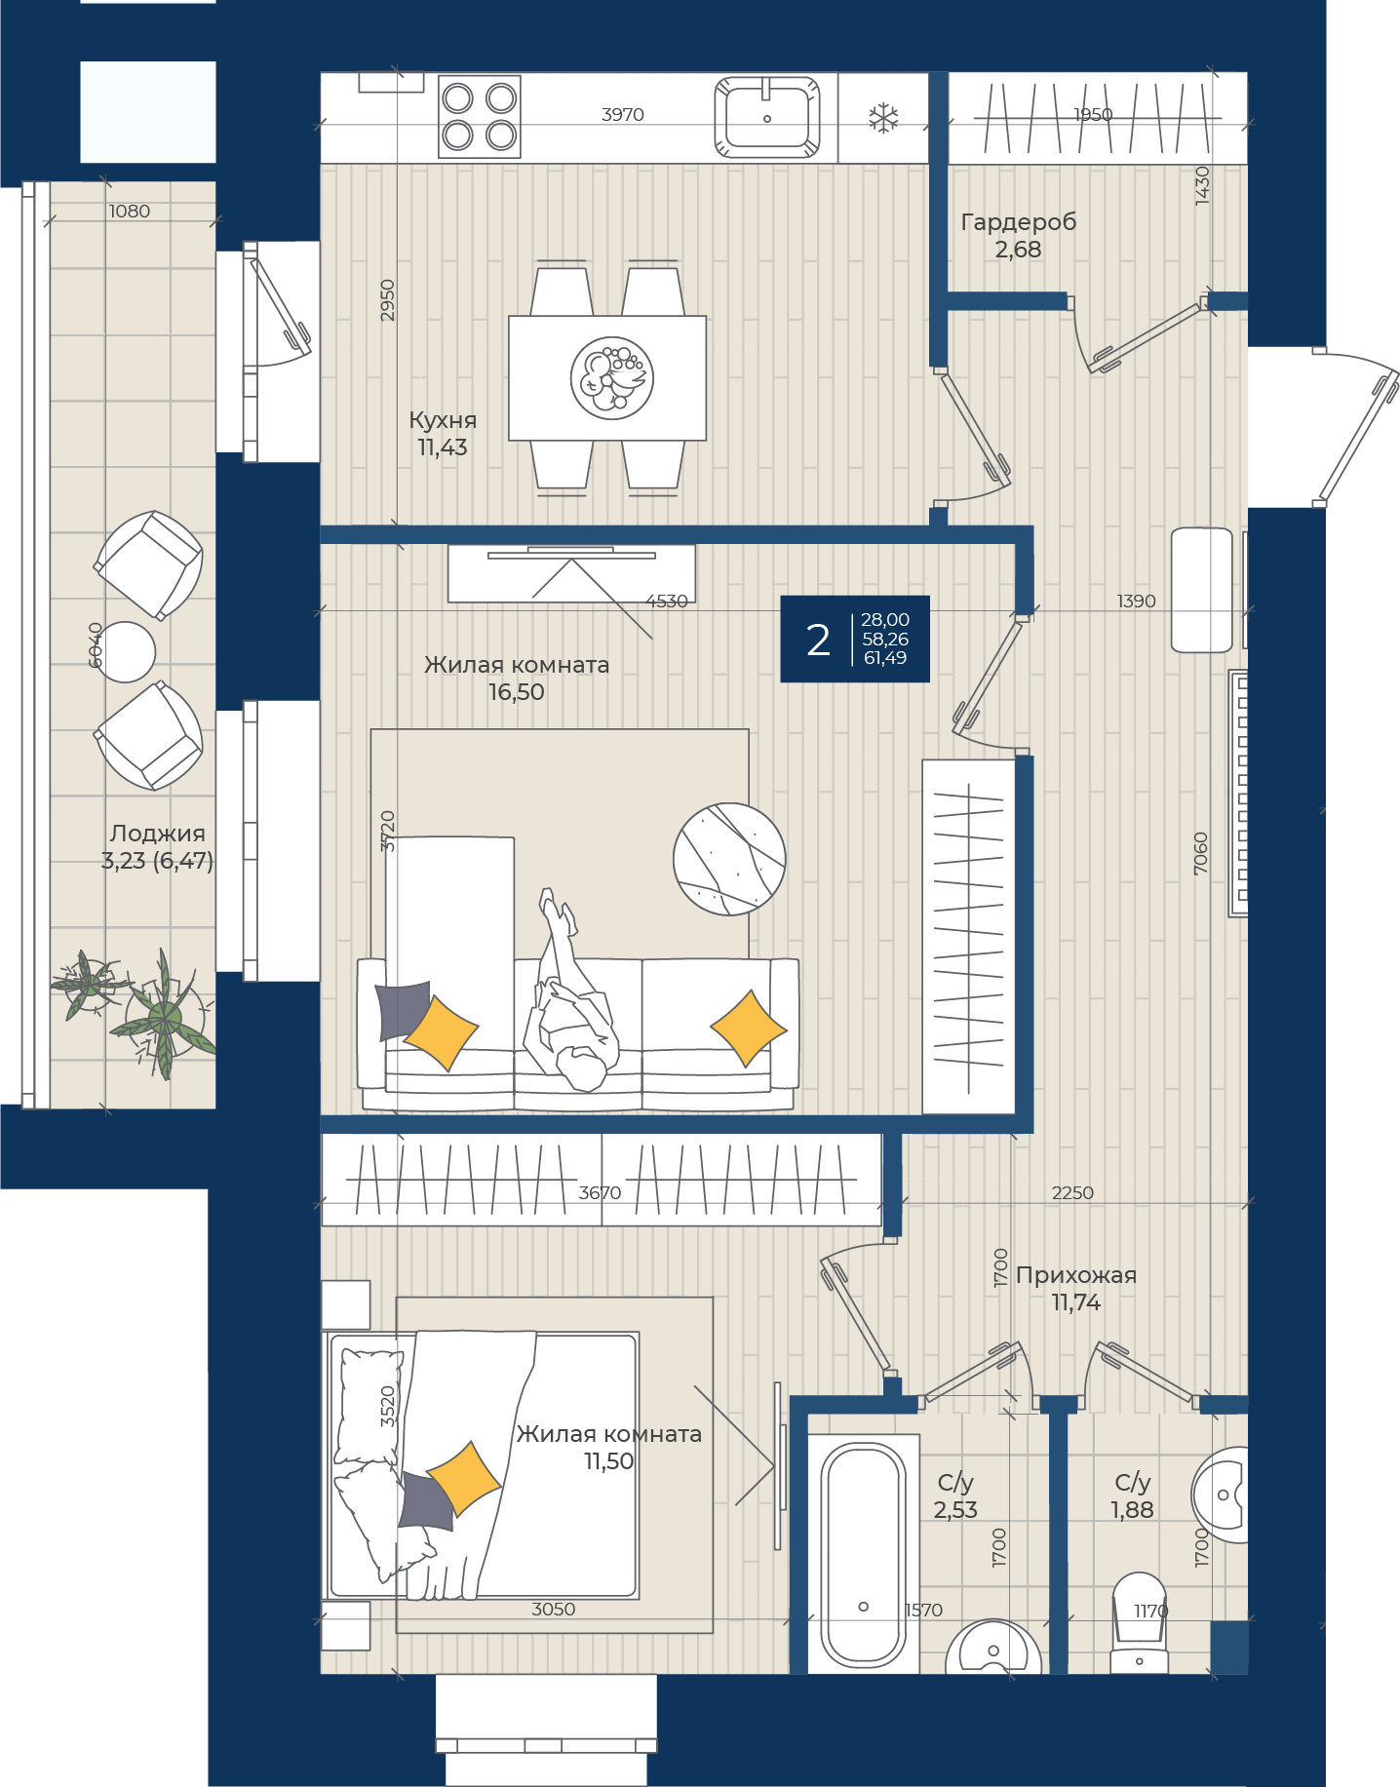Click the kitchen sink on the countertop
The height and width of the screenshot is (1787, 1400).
[767, 117]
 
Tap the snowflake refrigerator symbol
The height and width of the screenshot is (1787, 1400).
[883, 119]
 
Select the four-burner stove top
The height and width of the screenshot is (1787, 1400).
[479, 116]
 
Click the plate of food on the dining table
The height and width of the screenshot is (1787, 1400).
[612, 378]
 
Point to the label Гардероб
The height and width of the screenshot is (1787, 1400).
[1019, 222]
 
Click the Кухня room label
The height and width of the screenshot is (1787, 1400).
[443, 420]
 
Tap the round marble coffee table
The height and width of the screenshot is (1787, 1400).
[729, 859]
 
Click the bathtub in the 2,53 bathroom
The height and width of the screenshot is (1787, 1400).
[863, 1554]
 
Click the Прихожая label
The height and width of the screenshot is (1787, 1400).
[1076, 1275]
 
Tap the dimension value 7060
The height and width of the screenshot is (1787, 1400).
[1201, 853]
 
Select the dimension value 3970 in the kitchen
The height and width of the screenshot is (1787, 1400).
[623, 115]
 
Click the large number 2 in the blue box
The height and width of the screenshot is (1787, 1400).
[819, 640]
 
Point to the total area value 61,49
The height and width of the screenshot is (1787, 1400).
[885, 658]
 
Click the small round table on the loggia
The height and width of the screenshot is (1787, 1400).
[126, 651]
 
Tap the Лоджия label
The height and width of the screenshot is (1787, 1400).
[158, 834]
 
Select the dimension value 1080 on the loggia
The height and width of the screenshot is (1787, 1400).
[130, 212]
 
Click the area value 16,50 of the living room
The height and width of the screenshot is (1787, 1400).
[517, 692]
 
